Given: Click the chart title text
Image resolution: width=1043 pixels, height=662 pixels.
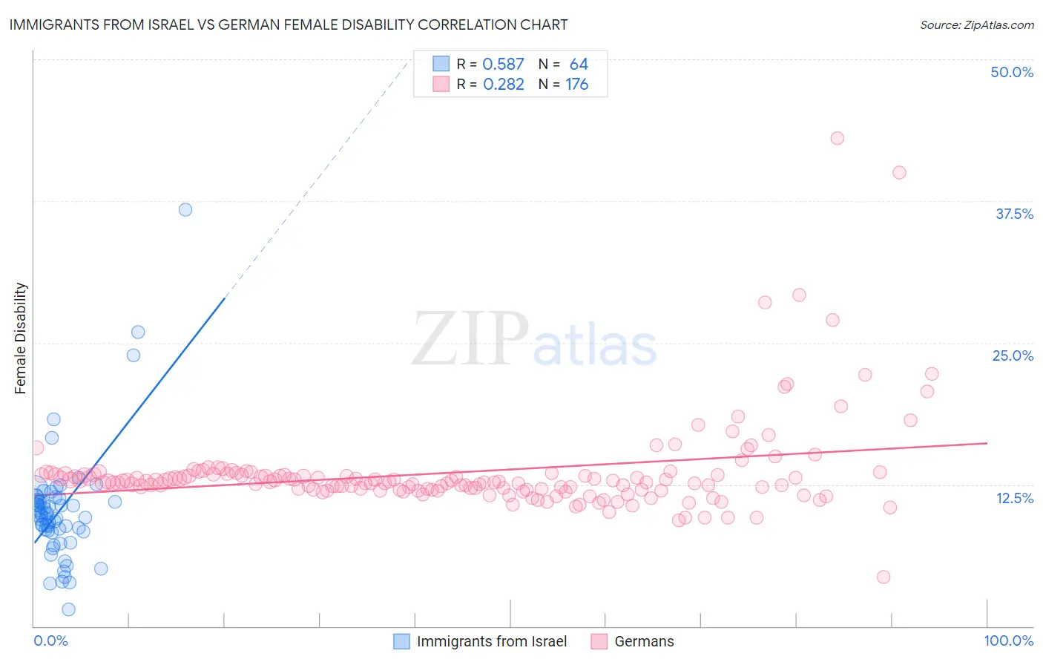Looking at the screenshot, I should [x=288, y=24].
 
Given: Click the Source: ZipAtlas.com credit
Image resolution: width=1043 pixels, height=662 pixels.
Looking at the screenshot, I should [x=976, y=24].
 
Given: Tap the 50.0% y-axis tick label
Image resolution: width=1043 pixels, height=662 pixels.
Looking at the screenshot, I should [x=1012, y=72].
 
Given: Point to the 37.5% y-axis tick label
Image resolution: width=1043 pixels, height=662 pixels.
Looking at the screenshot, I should [x=1014, y=214].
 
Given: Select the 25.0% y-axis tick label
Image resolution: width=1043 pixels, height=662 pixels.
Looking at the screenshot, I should [x=1013, y=355].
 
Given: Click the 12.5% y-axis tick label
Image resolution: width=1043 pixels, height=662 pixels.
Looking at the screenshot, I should [x=1014, y=498].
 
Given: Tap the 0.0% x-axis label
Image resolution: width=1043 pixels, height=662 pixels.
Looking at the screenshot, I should [x=50, y=640].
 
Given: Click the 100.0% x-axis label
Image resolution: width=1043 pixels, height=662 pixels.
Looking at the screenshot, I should [x=1008, y=640].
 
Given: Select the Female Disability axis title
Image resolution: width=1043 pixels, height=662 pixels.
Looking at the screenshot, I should [x=21, y=338].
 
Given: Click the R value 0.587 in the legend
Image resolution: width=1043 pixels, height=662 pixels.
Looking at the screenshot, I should [x=503, y=64].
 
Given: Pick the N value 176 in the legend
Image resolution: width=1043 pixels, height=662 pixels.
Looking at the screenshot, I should [x=576, y=84].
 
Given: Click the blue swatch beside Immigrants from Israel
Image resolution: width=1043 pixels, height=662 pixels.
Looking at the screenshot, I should [x=401, y=641].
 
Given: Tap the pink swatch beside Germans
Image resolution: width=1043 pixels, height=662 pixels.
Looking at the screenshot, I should [x=599, y=641].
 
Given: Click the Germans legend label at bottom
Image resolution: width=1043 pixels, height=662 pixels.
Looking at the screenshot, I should [x=644, y=641].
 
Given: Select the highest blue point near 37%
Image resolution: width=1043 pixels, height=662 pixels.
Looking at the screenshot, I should [x=185, y=209].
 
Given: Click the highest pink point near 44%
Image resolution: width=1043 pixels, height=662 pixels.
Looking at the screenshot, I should [x=838, y=138].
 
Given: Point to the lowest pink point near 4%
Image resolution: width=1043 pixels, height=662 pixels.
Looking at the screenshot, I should [x=883, y=577].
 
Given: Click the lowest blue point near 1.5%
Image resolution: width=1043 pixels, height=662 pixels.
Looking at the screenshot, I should [x=68, y=609].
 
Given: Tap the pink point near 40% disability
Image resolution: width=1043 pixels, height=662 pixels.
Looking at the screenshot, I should [x=899, y=172].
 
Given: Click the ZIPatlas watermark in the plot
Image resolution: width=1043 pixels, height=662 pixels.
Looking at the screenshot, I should [x=534, y=340].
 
